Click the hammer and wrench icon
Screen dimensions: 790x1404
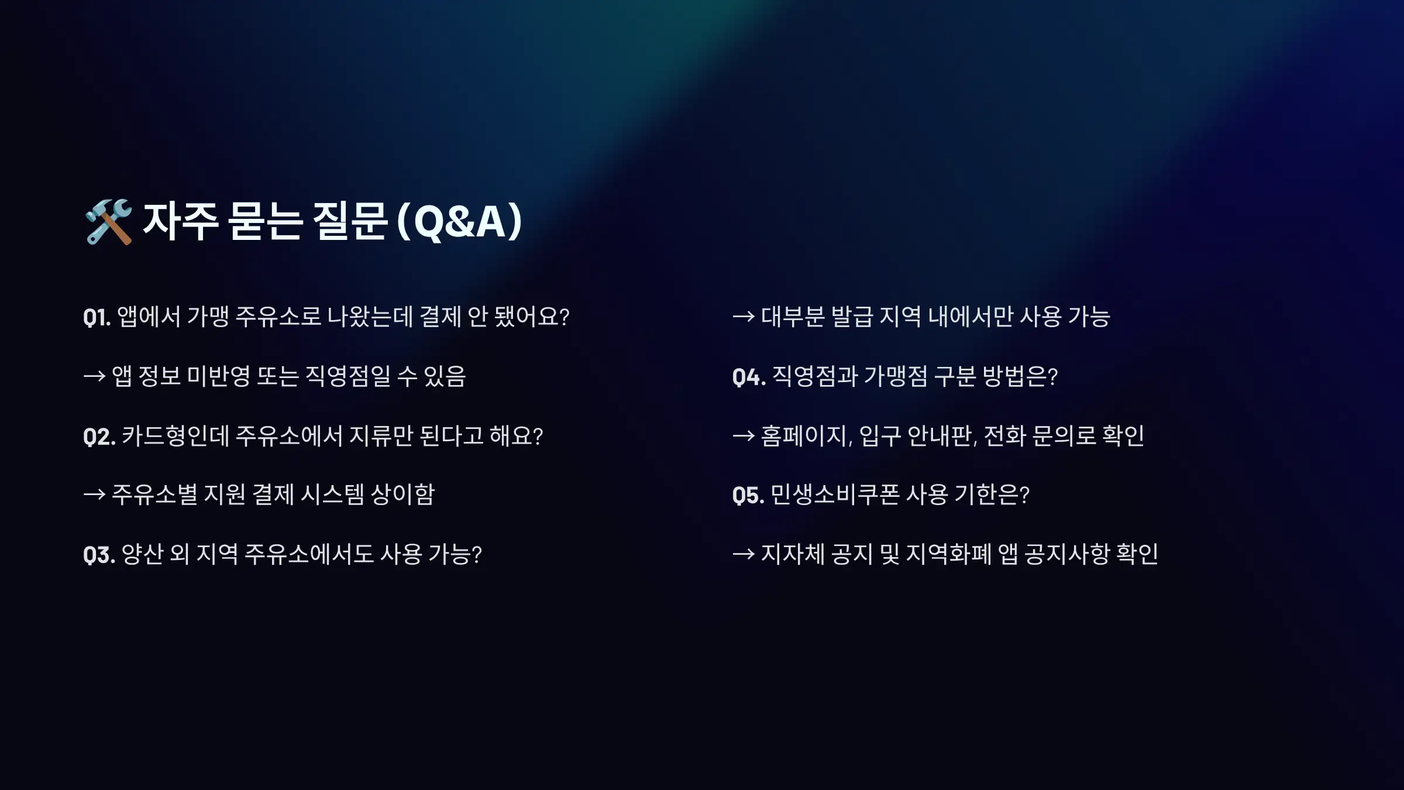click(109, 221)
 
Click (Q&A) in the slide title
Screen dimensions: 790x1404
click(459, 221)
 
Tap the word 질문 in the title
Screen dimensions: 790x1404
click(350, 221)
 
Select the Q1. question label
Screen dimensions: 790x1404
click(97, 317)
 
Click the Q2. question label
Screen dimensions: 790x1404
click(99, 437)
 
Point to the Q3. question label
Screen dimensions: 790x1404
click(99, 555)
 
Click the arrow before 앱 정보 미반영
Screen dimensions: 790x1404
click(94, 376)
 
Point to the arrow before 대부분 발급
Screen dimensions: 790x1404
click(744, 317)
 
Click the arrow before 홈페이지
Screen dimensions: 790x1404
click(744, 436)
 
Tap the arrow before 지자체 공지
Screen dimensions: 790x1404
click(744, 554)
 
